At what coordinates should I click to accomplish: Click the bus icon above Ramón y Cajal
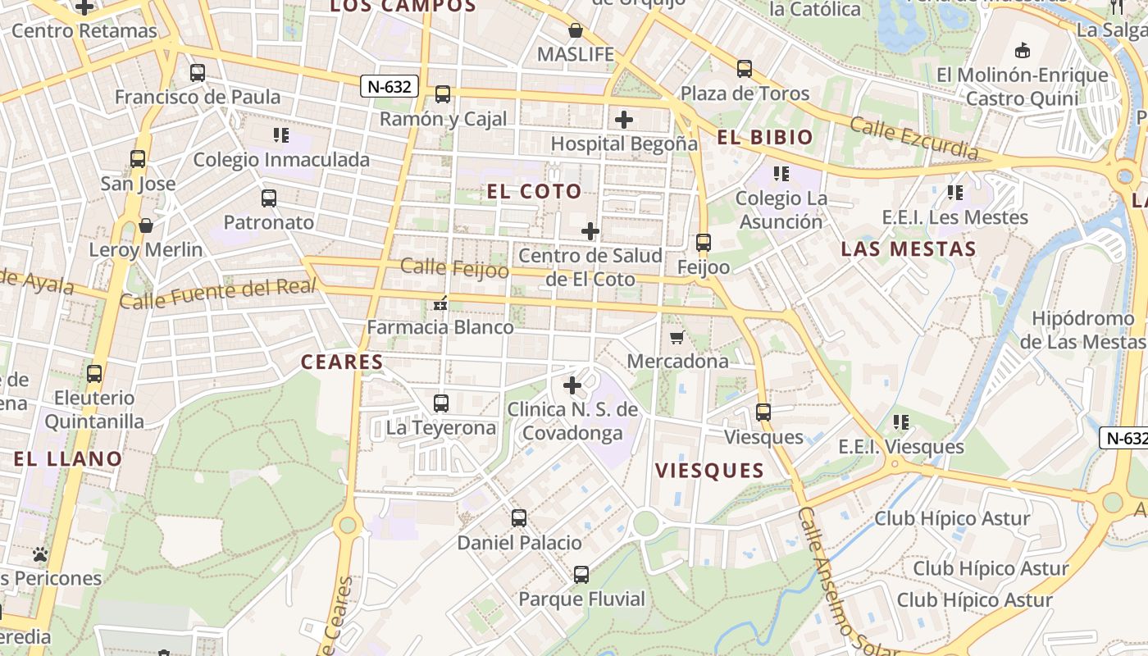click(443, 94)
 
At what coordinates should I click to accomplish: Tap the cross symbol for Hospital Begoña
click(624, 120)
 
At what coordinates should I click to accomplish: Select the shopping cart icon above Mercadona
click(677, 337)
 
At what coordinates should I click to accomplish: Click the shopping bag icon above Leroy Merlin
click(146, 225)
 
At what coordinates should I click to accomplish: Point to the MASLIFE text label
click(576, 55)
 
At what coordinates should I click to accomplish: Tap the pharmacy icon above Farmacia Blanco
click(440, 304)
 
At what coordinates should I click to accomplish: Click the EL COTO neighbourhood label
click(535, 192)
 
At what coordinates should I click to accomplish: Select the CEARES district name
click(342, 362)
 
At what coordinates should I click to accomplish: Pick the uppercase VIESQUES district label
click(710, 471)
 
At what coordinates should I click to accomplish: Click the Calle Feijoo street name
click(454, 267)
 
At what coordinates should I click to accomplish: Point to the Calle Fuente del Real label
click(218, 294)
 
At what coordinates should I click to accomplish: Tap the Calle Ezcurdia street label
click(913, 138)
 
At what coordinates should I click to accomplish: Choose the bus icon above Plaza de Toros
click(745, 69)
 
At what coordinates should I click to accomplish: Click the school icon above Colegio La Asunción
click(781, 174)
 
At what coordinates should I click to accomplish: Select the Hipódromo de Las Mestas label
click(1082, 330)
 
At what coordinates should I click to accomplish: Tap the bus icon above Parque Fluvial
click(581, 575)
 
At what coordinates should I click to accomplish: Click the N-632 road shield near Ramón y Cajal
click(389, 86)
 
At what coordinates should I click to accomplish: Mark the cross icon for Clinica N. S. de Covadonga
click(572, 385)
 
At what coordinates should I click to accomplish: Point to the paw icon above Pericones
click(40, 554)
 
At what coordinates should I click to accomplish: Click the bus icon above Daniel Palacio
click(519, 518)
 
